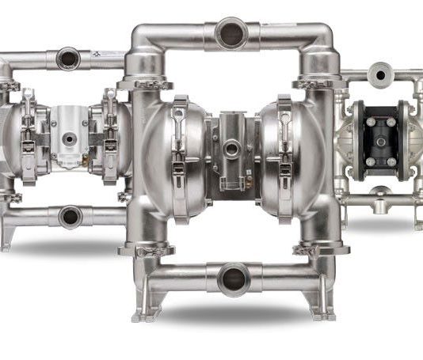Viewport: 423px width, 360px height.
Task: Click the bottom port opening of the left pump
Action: tap(69, 215)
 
